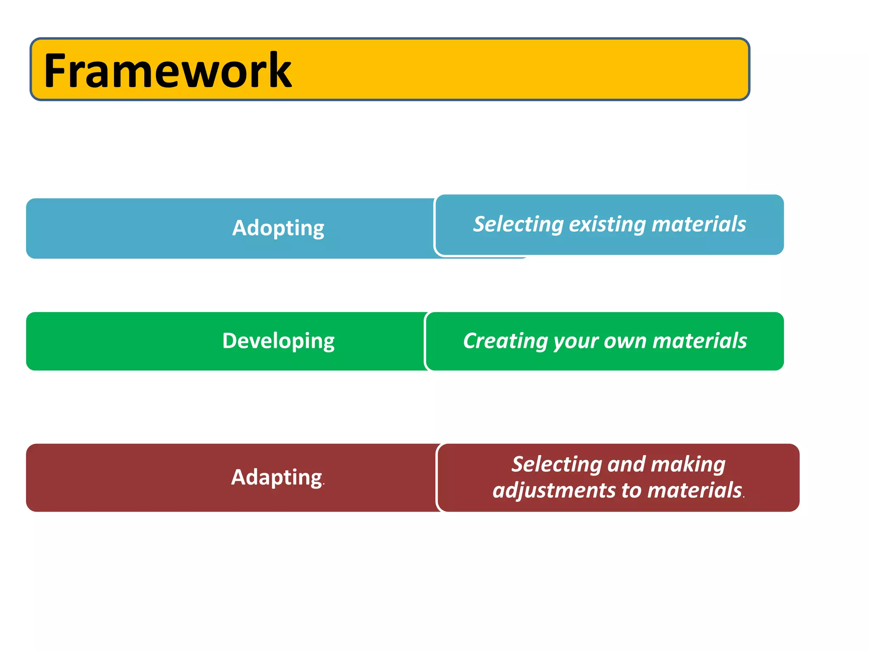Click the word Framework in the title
click(x=168, y=71)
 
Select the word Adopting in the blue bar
click(x=278, y=228)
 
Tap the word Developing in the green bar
click(x=278, y=341)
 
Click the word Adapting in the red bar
click(x=277, y=477)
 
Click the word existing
click(x=608, y=224)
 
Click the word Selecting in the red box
click(x=556, y=465)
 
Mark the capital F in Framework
click(x=57, y=71)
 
